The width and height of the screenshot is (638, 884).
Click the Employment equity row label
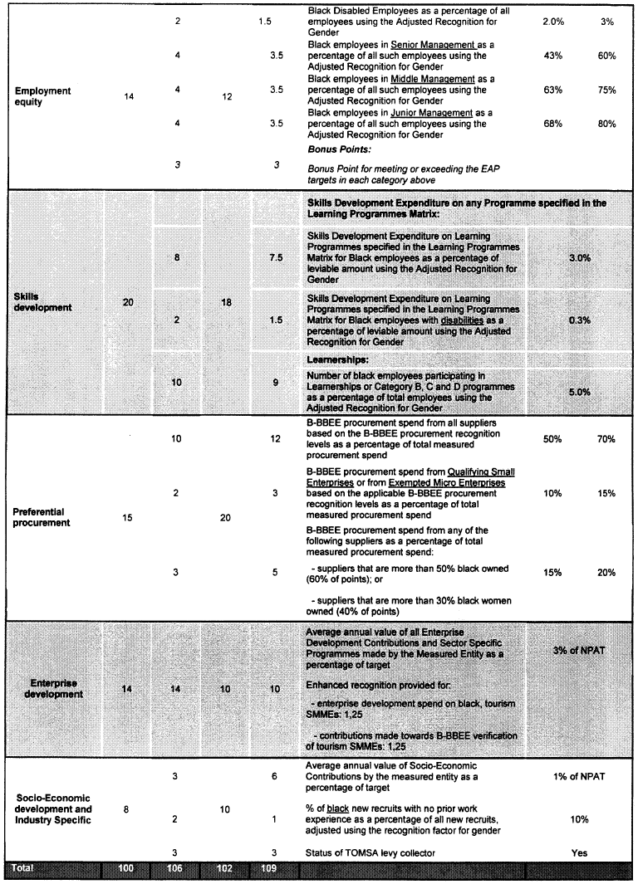[x=42, y=96]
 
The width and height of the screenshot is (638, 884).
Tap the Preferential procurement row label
[x=40, y=517]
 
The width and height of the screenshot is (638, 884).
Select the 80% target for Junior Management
[x=606, y=125]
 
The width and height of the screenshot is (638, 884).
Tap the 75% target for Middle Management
[x=606, y=90]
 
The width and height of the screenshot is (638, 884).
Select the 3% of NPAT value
[x=579, y=650]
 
